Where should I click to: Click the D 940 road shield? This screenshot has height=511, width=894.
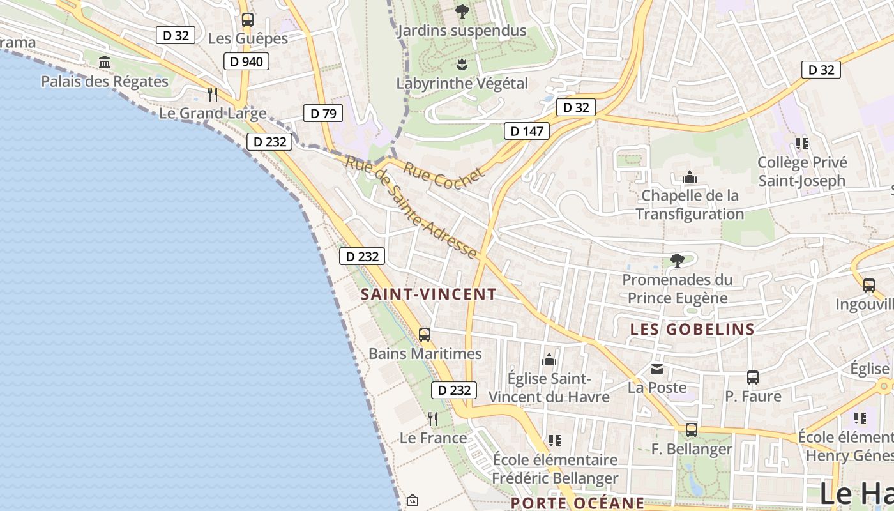tap(246, 61)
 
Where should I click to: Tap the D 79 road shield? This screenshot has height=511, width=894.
tap(322, 114)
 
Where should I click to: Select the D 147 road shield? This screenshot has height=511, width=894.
tap(527, 132)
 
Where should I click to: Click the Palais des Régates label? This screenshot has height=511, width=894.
tap(105, 81)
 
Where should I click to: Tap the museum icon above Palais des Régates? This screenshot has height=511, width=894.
tap(105, 63)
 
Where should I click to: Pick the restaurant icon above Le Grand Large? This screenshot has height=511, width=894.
tap(213, 95)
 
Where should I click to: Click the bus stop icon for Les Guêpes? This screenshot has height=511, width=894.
tap(248, 20)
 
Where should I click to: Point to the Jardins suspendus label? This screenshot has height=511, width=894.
tap(462, 30)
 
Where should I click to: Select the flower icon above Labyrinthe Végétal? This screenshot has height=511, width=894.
tap(462, 64)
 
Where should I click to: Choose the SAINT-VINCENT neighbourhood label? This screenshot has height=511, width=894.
tap(428, 294)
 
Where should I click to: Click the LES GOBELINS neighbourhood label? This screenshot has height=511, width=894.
tap(692, 329)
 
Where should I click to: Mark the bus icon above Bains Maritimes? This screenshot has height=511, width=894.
tap(425, 334)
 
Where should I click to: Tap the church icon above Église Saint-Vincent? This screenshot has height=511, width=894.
tap(549, 360)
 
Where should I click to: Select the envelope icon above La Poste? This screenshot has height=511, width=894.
tap(657, 369)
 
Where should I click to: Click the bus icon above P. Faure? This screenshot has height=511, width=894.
tap(753, 378)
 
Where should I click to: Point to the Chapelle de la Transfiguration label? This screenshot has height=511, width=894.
tap(690, 204)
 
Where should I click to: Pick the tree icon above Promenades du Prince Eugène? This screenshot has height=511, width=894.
tap(678, 260)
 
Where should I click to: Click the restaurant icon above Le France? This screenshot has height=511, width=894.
tap(433, 418)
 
